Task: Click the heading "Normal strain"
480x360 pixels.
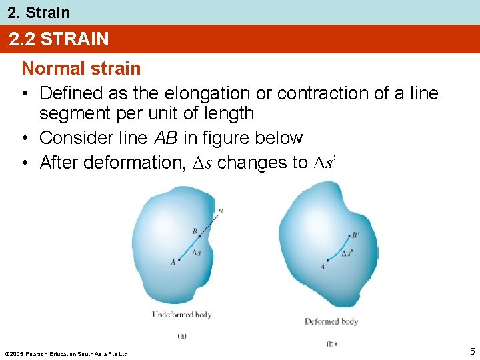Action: [81, 69]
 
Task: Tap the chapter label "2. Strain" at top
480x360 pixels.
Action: [38, 12]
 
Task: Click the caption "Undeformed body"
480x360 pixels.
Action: [182, 315]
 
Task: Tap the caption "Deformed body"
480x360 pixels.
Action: [331, 321]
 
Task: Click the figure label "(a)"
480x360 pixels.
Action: [182, 336]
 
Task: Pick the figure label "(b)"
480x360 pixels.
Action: [331, 343]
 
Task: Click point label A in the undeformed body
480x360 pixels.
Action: [173, 262]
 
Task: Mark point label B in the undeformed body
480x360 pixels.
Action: [195, 231]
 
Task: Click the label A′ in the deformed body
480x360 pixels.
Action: [323, 267]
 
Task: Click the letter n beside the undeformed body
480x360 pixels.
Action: [221, 211]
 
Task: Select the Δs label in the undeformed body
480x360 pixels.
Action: [196, 253]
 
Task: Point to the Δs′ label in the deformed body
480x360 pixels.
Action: [347, 254]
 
